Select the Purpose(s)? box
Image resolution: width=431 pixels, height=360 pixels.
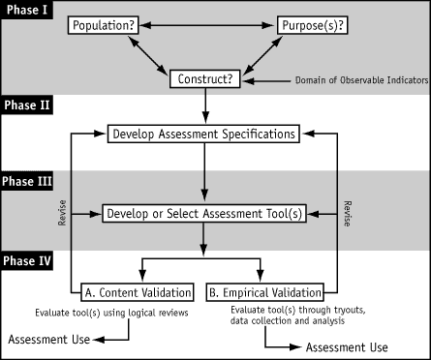click(x=314, y=23)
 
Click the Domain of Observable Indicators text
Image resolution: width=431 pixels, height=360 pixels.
click(x=343, y=80)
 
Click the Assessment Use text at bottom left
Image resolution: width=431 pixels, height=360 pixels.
click(x=48, y=341)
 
